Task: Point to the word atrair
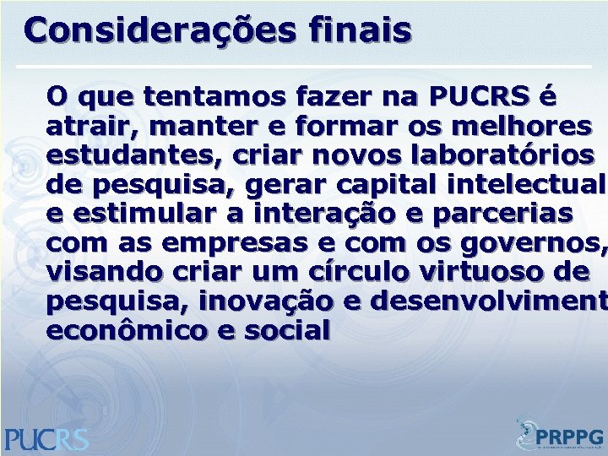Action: [84, 127]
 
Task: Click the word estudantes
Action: [123, 156]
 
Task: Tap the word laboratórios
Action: [498, 156]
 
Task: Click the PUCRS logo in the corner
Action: [46, 437]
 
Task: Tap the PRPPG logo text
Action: [571, 437]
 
